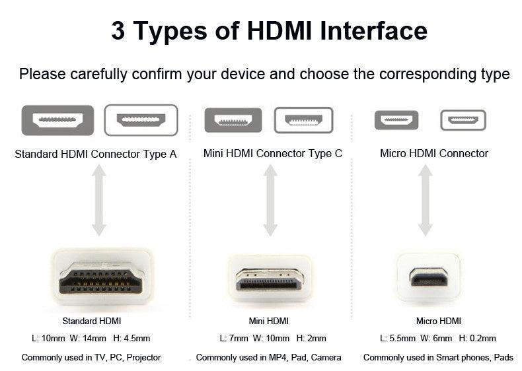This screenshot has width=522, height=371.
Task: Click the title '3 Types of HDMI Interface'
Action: pyautogui.click(x=269, y=30)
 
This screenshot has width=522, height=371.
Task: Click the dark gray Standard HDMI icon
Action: pyautogui.click(x=57, y=120)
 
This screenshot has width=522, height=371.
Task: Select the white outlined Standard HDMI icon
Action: pyautogui.click(x=141, y=120)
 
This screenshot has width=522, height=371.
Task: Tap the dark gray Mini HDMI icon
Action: pyautogui.click(x=233, y=120)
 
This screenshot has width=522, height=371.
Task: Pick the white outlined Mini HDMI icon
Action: pyautogui.click(x=303, y=120)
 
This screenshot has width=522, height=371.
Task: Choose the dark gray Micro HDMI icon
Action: pyautogui.click(x=396, y=120)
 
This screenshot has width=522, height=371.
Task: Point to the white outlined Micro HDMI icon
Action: pyautogui.click(x=463, y=120)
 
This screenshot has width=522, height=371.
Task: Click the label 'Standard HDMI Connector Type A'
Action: pyautogui.click(x=96, y=154)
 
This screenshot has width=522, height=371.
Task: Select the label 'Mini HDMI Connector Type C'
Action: pyautogui.click(x=273, y=154)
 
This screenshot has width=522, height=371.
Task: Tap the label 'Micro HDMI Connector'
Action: pyautogui.click(x=434, y=154)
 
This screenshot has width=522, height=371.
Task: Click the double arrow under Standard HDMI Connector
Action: pyautogui.click(x=98, y=200)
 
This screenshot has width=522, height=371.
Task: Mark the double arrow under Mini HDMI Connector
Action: pyautogui.click(x=270, y=200)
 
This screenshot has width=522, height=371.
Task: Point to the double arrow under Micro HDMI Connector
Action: pyautogui.click(x=426, y=200)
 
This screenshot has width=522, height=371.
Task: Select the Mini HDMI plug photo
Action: pyautogui.click(x=270, y=277)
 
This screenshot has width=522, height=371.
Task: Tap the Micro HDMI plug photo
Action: pyautogui.click(x=429, y=277)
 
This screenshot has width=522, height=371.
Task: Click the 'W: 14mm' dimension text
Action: pyautogui.click(x=88, y=339)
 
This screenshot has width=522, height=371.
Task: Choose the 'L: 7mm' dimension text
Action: pyautogui.click(x=234, y=339)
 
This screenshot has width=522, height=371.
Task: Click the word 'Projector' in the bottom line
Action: pyautogui.click(x=143, y=358)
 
